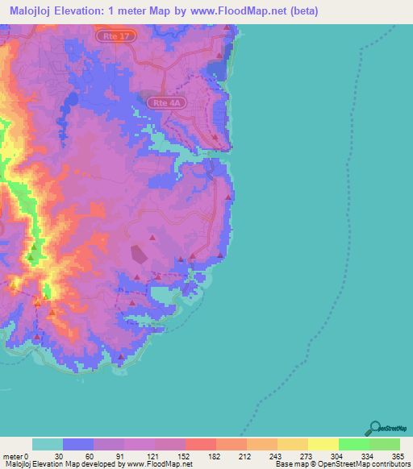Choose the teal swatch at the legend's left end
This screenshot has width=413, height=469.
[47, 444]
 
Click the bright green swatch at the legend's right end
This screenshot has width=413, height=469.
[384, 444]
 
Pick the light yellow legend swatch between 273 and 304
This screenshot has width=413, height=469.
[323, 444]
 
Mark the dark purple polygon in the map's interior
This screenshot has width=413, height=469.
[140, 255]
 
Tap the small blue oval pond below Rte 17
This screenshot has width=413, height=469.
[71, 100]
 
